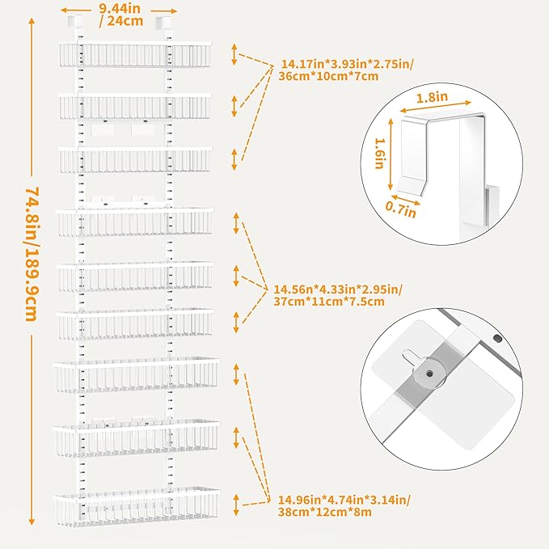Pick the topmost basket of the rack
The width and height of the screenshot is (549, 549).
pos(134,54)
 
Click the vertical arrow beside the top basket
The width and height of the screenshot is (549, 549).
pos(234,54)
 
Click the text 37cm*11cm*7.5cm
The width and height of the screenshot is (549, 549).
pos(327,302)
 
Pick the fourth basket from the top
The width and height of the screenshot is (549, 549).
pos(134,222)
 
